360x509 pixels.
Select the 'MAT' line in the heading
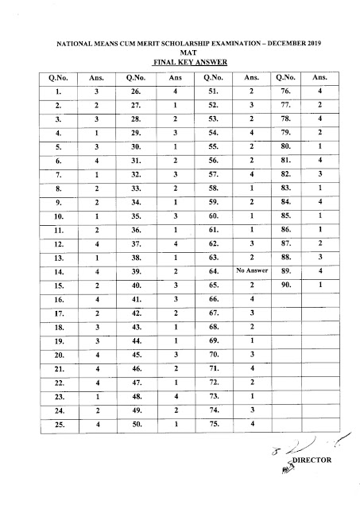180,50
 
